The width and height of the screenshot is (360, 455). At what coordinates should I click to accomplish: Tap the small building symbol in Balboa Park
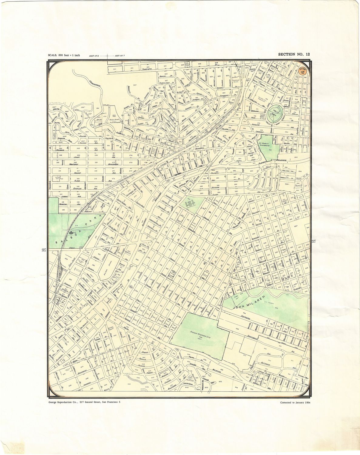point(71,233)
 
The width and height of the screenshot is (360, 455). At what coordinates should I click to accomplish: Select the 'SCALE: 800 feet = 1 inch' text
point(64,55)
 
